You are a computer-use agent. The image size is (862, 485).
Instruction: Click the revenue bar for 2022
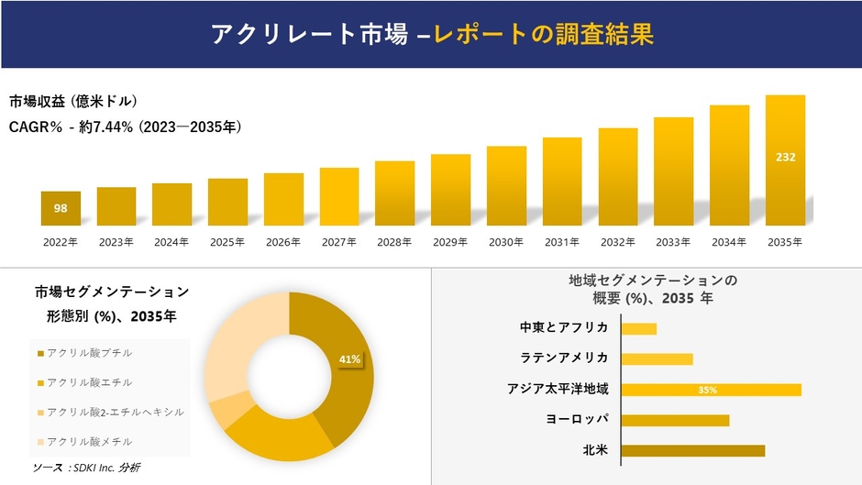point(61,209)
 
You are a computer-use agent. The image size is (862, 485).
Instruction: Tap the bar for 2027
point(339,196)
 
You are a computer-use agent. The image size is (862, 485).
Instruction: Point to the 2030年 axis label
point(506,242)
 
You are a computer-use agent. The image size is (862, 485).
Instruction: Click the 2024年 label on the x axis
point(171,242)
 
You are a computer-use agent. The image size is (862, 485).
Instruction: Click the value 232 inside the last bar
point(785,157)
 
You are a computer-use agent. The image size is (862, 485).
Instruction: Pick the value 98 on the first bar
point(61,208)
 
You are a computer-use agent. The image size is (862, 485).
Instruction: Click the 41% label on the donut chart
point(349,359)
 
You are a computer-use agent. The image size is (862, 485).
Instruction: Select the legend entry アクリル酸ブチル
point(89,353)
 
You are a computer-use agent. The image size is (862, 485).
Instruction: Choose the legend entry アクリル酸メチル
point(89,441)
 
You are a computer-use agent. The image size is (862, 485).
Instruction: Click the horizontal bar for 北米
point(692,450)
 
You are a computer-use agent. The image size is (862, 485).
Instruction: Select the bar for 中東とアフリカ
point(639,328)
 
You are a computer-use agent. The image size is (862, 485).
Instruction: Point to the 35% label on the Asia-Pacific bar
point(707,390)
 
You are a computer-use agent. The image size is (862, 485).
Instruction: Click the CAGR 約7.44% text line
point(125,127)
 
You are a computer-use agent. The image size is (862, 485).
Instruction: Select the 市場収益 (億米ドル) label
point(73,101)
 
